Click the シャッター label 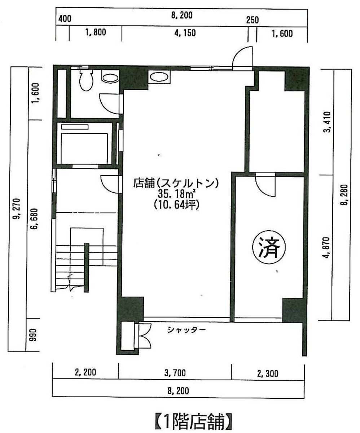[x=186, y=330]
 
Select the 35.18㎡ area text [x=177, y=194]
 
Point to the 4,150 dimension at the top [x=185, y=33]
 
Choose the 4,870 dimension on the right [x=326, y=248]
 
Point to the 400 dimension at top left [x=65, y=19]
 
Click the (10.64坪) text [x=177, y=205]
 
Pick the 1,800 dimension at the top [x=96, y=32]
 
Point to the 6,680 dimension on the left [x=34, y=219]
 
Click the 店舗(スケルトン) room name [x=176, y=183]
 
